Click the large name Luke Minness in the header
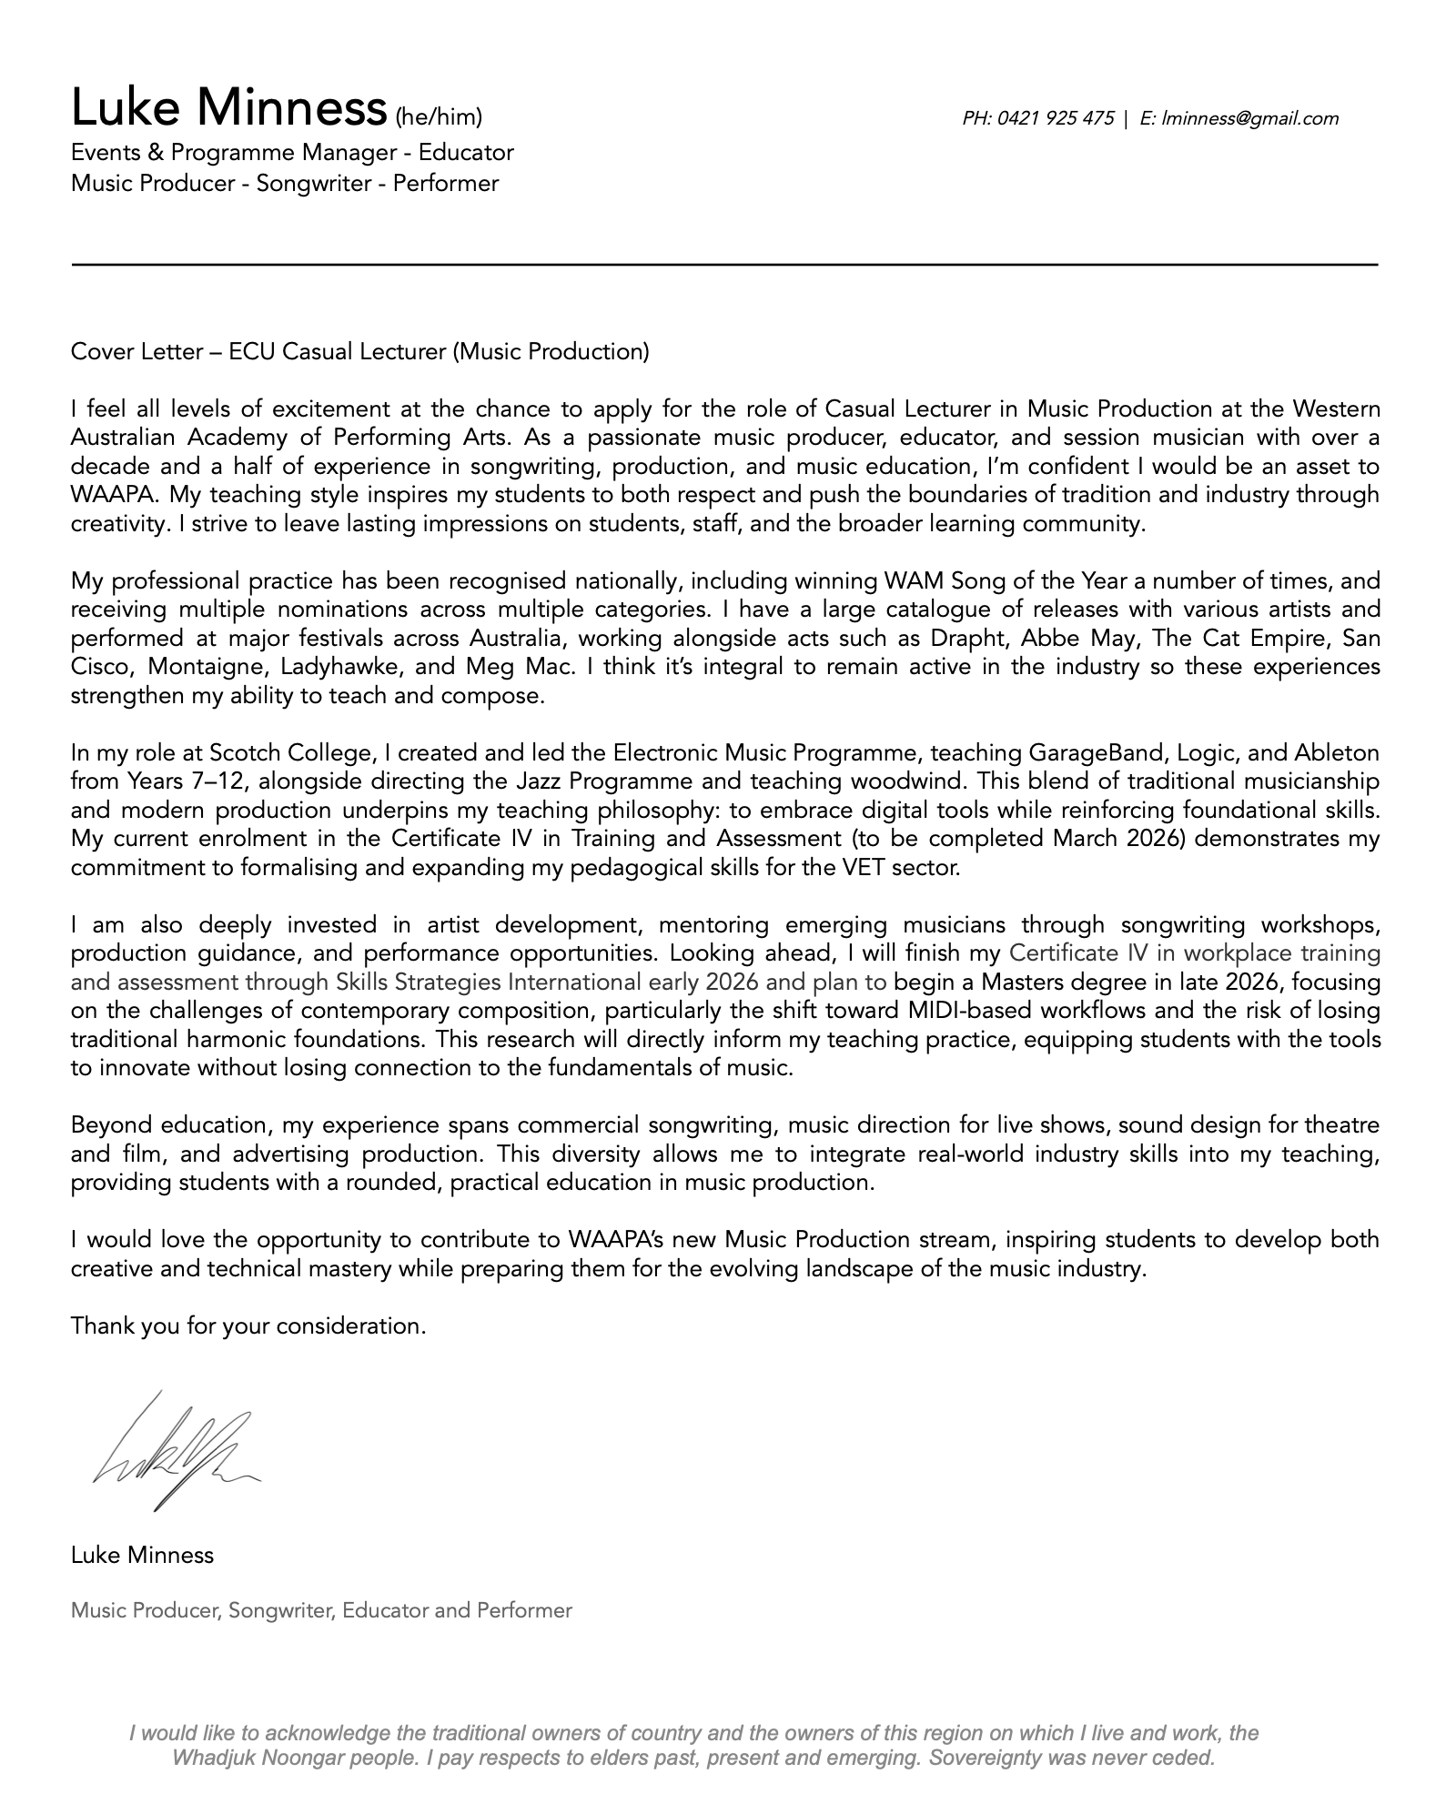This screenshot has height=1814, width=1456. (x=228, y=108)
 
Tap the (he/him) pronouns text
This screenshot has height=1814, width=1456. (x=438, y=117)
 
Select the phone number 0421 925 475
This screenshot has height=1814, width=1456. (x=1056, y=118)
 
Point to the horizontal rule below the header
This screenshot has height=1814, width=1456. (x=724, y=265)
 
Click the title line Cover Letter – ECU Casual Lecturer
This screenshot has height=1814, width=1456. (x=360, y=352)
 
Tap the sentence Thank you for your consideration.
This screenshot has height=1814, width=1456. (x=248, y=1326)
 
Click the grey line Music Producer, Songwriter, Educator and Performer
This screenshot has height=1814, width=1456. (x=321, y=1610)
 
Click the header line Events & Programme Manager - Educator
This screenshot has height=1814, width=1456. (x=292, y=152)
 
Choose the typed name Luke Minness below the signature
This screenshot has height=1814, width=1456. (x=142, y=1556)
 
